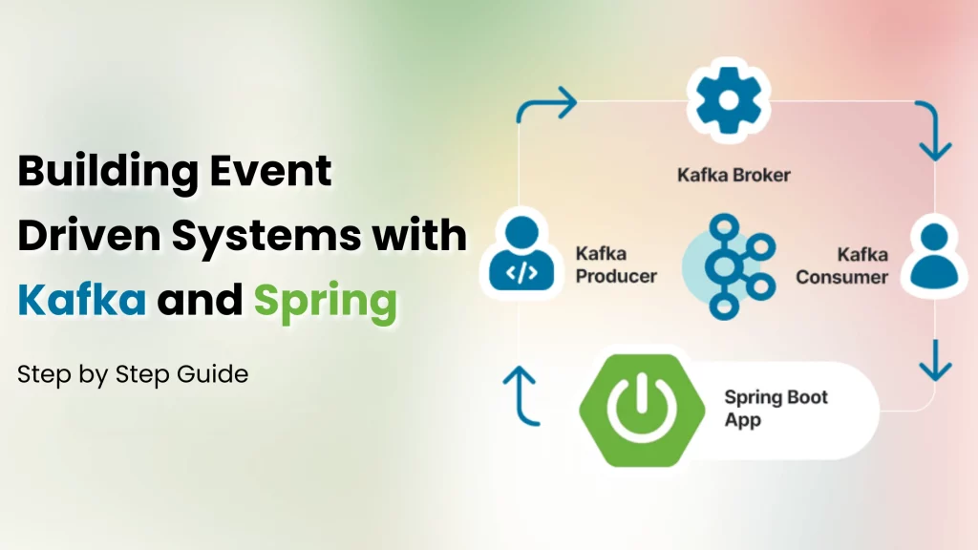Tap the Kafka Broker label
click(x=733, y=176)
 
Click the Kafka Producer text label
click(x=615, y=264)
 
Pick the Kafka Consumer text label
click(x=841, y=265)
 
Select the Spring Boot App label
click(x=775, y=408)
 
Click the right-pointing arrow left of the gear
click(x=548, y=104)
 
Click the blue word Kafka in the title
click(x=82, y=302)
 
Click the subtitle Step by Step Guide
click(x=133, y=374)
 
